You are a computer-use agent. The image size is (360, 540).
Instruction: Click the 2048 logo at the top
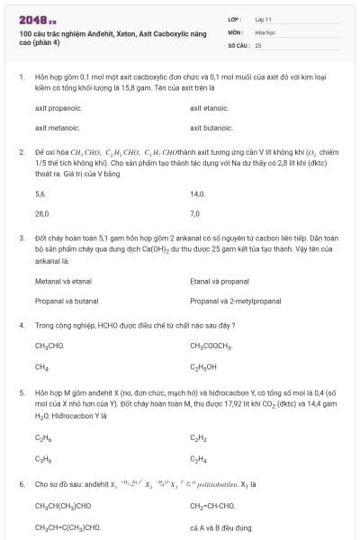point(37,19)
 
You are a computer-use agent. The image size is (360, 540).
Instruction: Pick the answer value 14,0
point(197,193)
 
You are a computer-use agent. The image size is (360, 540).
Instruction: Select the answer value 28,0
point(41,214)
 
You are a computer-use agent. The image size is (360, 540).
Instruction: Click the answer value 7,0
point(195,214)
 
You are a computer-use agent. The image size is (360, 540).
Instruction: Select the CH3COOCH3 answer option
point(211,346)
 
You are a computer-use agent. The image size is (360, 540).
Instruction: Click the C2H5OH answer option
point(203,367)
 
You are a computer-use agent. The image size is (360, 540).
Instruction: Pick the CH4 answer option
point(41,367)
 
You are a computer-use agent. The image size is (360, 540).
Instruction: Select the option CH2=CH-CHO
point(214,506)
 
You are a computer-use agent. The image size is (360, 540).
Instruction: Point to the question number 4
point(21,324)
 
